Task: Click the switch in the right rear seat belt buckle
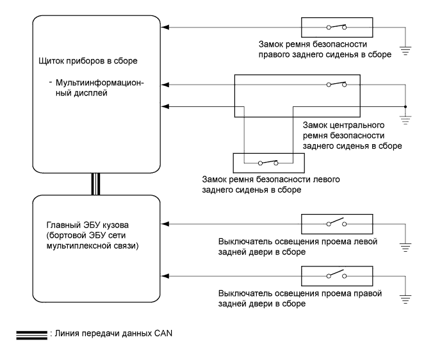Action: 336,27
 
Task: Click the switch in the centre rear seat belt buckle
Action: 336,84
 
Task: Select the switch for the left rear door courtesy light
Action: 336,224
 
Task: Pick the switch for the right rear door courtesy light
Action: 336,276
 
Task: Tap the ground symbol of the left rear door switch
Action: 404,244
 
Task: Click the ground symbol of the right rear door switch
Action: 404,297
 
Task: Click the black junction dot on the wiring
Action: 404,106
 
